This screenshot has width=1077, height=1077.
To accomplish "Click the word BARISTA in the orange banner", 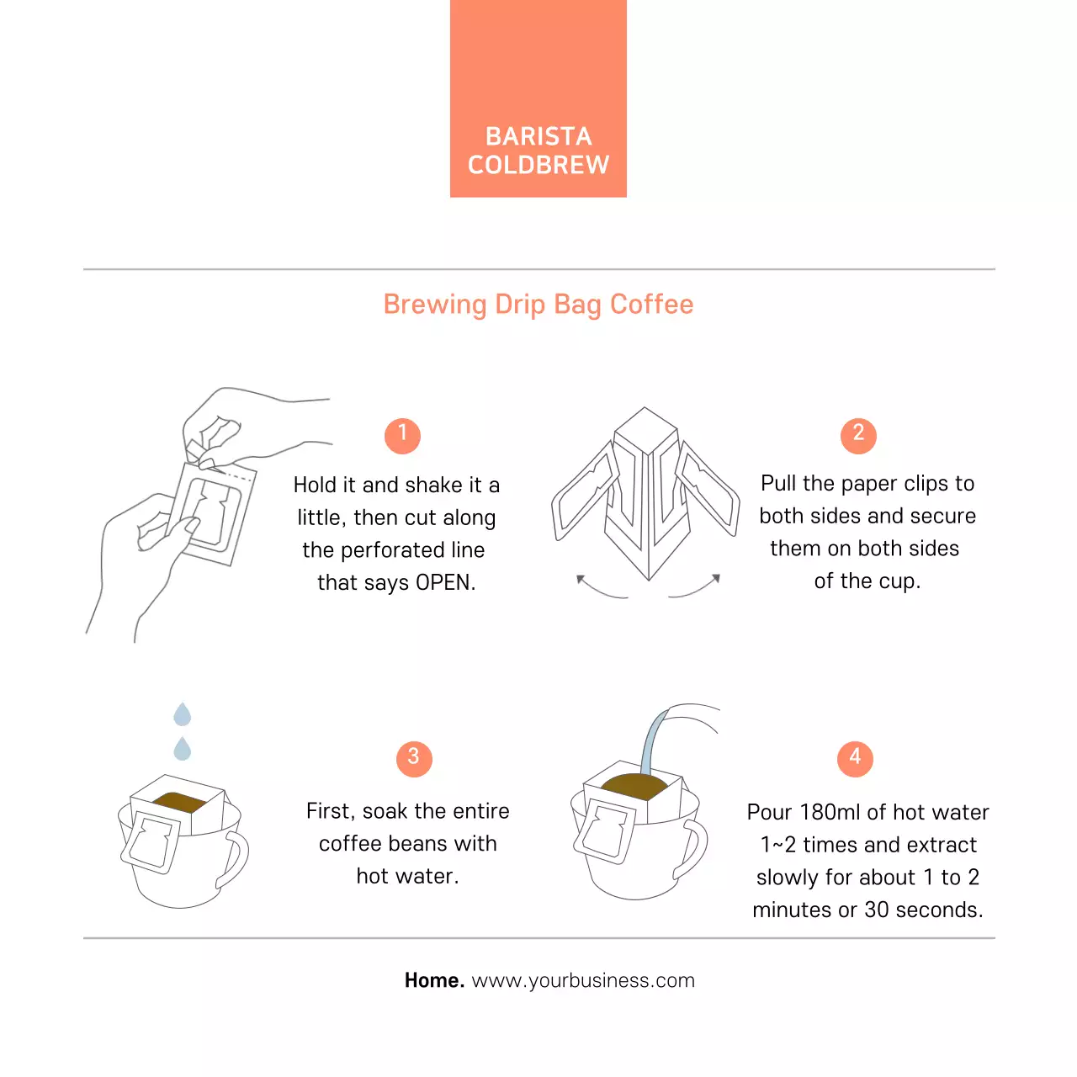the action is point(538,136).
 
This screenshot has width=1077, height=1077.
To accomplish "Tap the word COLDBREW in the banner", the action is point(538,165).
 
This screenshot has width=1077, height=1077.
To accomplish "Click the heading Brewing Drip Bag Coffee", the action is point(538,305).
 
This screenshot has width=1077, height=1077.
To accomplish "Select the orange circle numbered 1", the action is point(402,435).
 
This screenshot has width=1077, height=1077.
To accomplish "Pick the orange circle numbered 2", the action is point(858,435).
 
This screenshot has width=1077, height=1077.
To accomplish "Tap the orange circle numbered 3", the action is point(414,758).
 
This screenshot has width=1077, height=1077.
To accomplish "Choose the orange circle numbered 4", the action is point(855,758).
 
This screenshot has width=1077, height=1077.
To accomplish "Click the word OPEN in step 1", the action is point(445,582).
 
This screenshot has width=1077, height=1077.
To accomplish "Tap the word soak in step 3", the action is point(385,811).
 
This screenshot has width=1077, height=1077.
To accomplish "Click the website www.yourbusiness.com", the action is point(583,981).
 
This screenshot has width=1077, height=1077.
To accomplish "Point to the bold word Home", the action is point(434,980).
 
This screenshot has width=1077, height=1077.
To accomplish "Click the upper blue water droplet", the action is point(183,714).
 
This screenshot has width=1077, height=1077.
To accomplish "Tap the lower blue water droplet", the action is point(183,748).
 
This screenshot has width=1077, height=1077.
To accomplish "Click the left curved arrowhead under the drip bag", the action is point(581,579).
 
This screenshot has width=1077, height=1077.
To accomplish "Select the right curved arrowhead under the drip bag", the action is point(716,578).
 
